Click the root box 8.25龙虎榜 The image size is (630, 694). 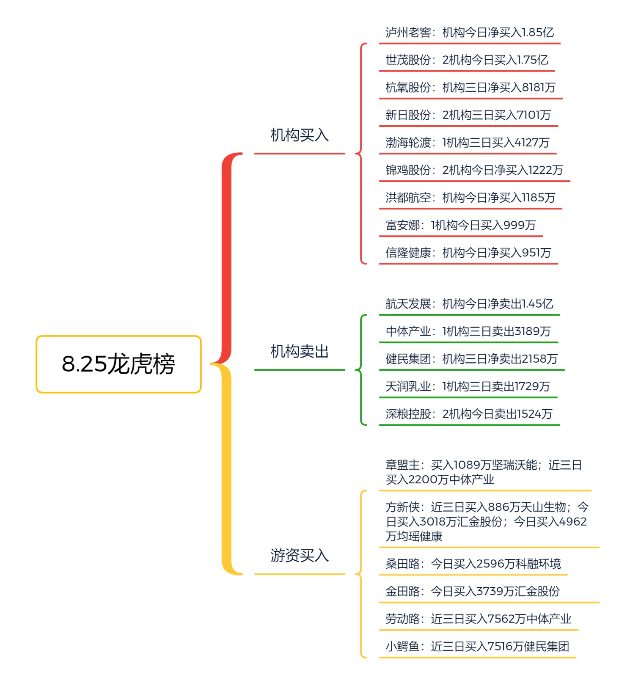point(118,364)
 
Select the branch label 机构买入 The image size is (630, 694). point(300,135)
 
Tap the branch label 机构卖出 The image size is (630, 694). point(300,351)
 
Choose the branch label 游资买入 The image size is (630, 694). point(300,555)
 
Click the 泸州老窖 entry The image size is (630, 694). point(469,33)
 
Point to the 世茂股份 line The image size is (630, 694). point(467,60)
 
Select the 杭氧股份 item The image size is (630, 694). point(470,88)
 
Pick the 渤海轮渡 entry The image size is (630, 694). point(467,143)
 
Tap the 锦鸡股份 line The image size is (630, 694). point(474,170)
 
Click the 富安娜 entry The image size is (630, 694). point(460,225)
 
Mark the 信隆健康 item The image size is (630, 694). point(468,253)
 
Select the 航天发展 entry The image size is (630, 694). point(469,304)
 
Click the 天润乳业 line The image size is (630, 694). point(468,386)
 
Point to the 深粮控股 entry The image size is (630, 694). point(469,414)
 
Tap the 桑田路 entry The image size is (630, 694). point(473,564)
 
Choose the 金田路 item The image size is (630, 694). point(473,591)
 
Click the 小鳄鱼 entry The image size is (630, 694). point(477,646)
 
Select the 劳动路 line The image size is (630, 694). point(478,619)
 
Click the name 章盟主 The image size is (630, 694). point(402,465)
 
